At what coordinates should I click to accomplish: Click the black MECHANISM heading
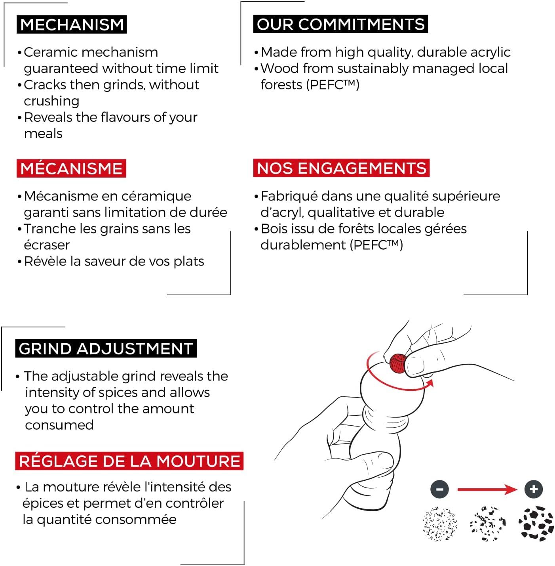72,25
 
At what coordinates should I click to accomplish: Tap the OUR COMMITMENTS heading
340,24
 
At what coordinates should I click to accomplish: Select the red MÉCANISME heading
71,168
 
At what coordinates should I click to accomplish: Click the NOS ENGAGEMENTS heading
341,168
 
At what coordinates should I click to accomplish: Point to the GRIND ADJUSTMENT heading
106,348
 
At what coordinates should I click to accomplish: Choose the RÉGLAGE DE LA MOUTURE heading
129,461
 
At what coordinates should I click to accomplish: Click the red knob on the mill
398,363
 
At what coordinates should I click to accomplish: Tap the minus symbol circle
439,490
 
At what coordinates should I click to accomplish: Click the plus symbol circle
534,490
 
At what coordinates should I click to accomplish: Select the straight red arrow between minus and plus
487,490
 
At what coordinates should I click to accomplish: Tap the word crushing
51,101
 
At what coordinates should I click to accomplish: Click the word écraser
47,245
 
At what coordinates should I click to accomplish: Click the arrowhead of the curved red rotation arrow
430,383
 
